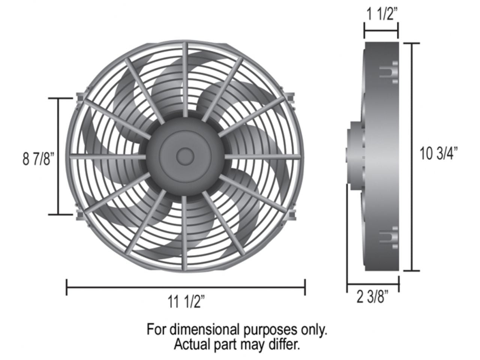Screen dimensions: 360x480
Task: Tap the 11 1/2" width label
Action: pyautogui.click(x=186, y=302)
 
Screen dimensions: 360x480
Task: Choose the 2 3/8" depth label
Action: pyautogui.click(x=372, y=298)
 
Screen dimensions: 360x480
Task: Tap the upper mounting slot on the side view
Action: pyautogui.click(x=388, y=72)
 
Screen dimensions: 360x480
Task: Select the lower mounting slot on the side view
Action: pyautogui.click(x=388, y=237)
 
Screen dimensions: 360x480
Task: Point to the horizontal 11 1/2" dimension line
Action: pyautogui.click(x=186, y=287)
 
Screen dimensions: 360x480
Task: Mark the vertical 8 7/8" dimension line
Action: pyautogui.click(x=58, y=156)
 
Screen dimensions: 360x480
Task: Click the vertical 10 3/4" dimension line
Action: pyautogui.click(x=413, y=156)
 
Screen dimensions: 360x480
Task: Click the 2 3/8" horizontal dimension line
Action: pyautogui.click(x=372, y=285)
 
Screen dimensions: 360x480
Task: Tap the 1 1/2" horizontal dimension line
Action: pyautogui.click(x=381, y=31)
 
